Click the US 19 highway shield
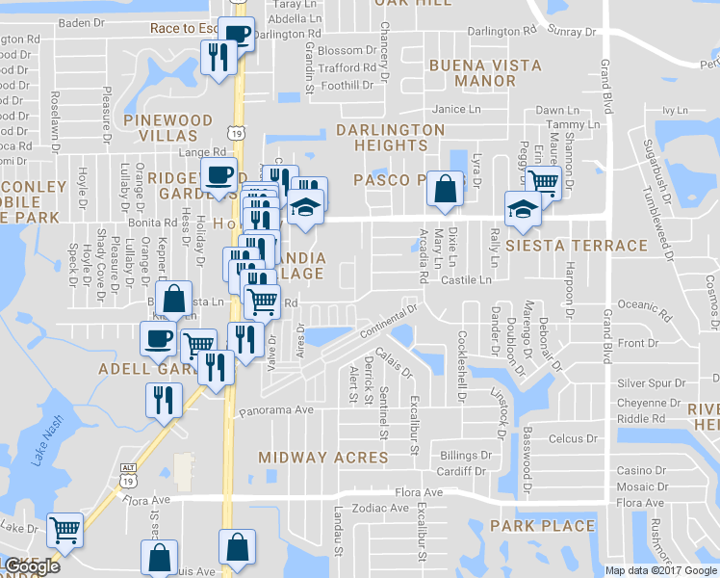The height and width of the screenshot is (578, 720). pyautogui.click(x=236, y=131)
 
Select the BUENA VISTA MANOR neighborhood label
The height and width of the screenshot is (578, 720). pyautogui.click(x=485, y=73)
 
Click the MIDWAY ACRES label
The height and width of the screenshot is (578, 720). pyautogui.click(x=321, y=457)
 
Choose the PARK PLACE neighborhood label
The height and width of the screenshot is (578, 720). pyautogui.click(x=542, y=526)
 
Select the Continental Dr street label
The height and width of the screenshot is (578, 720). pyautogui.click(x=387, y=321)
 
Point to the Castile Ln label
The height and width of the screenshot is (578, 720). pyautogui.click(x=466, y=280)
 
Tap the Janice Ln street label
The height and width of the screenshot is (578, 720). pyautogui.click(x=455, y=110)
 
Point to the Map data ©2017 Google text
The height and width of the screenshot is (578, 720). pyautogui.click(x=660, y=570)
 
